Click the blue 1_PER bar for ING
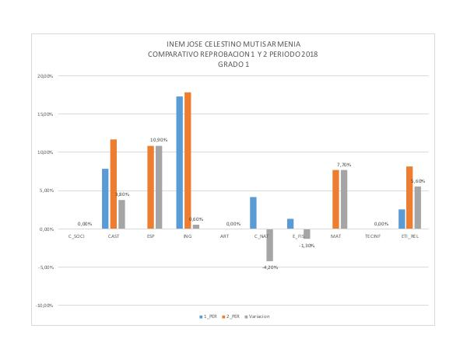(179, 163)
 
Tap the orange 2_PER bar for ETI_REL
(409, 197)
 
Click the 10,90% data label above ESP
(159, 142)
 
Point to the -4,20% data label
(270, 266)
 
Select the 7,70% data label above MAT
(345, 165)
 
